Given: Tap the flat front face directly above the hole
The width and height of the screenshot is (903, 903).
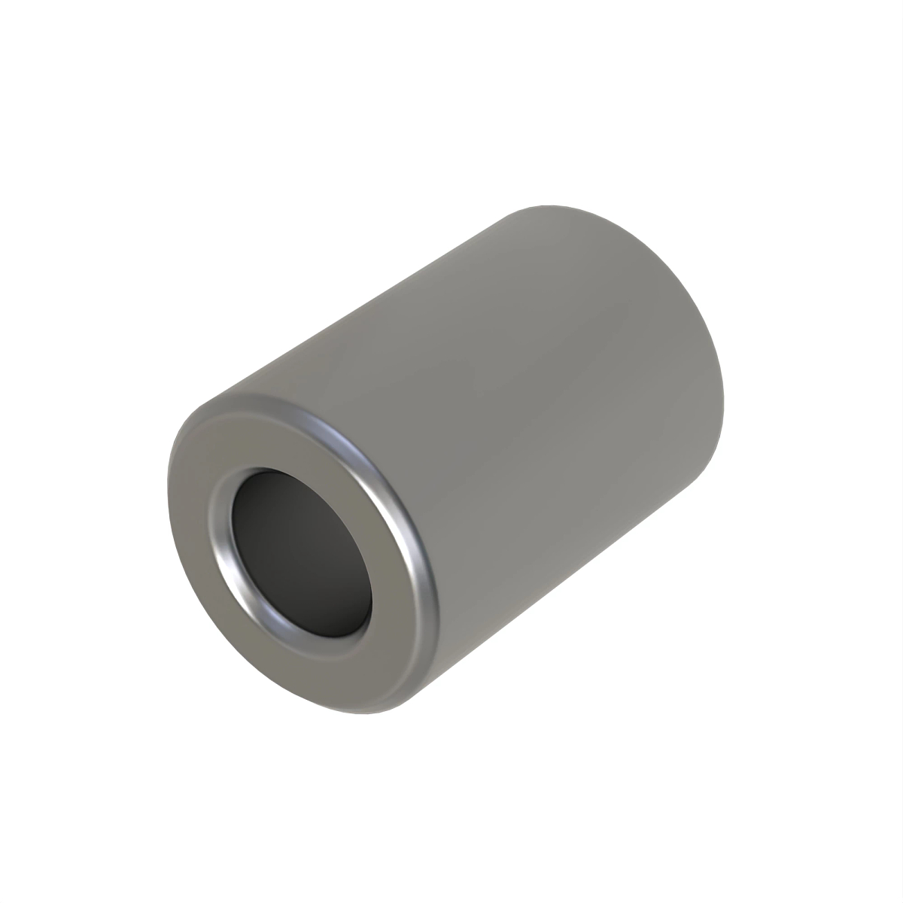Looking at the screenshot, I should point(293,436).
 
